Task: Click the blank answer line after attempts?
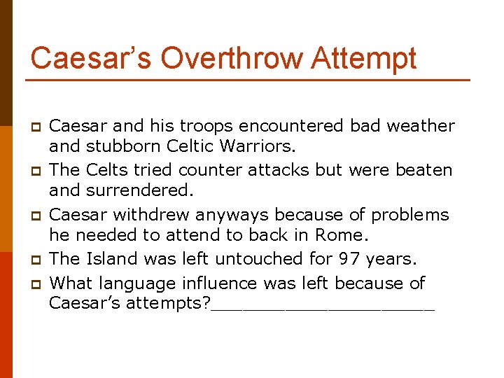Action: [322, 307]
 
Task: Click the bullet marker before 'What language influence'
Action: [34, 285]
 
